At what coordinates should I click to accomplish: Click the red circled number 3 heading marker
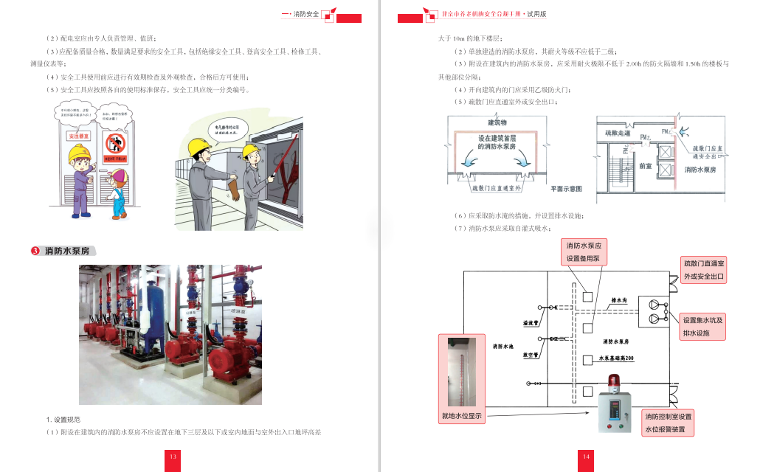click(35, 251)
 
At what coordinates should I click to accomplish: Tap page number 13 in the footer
click(173, 457)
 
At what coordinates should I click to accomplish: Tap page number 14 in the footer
click(586, 457)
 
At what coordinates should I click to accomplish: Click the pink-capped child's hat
click(117, 176)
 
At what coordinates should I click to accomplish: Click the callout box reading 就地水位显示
click(462, 416)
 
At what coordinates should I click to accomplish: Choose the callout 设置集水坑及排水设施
click(703, 326)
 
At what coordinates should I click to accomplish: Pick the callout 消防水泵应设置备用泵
click(587, 251)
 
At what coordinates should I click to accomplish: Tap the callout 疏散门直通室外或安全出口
click(704, 270)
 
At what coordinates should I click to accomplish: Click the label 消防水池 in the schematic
click(503, 345)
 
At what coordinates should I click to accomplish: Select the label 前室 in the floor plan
click(645, 166)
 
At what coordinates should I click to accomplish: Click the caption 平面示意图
click(566, 190)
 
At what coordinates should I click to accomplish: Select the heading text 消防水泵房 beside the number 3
click(68, 251)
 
